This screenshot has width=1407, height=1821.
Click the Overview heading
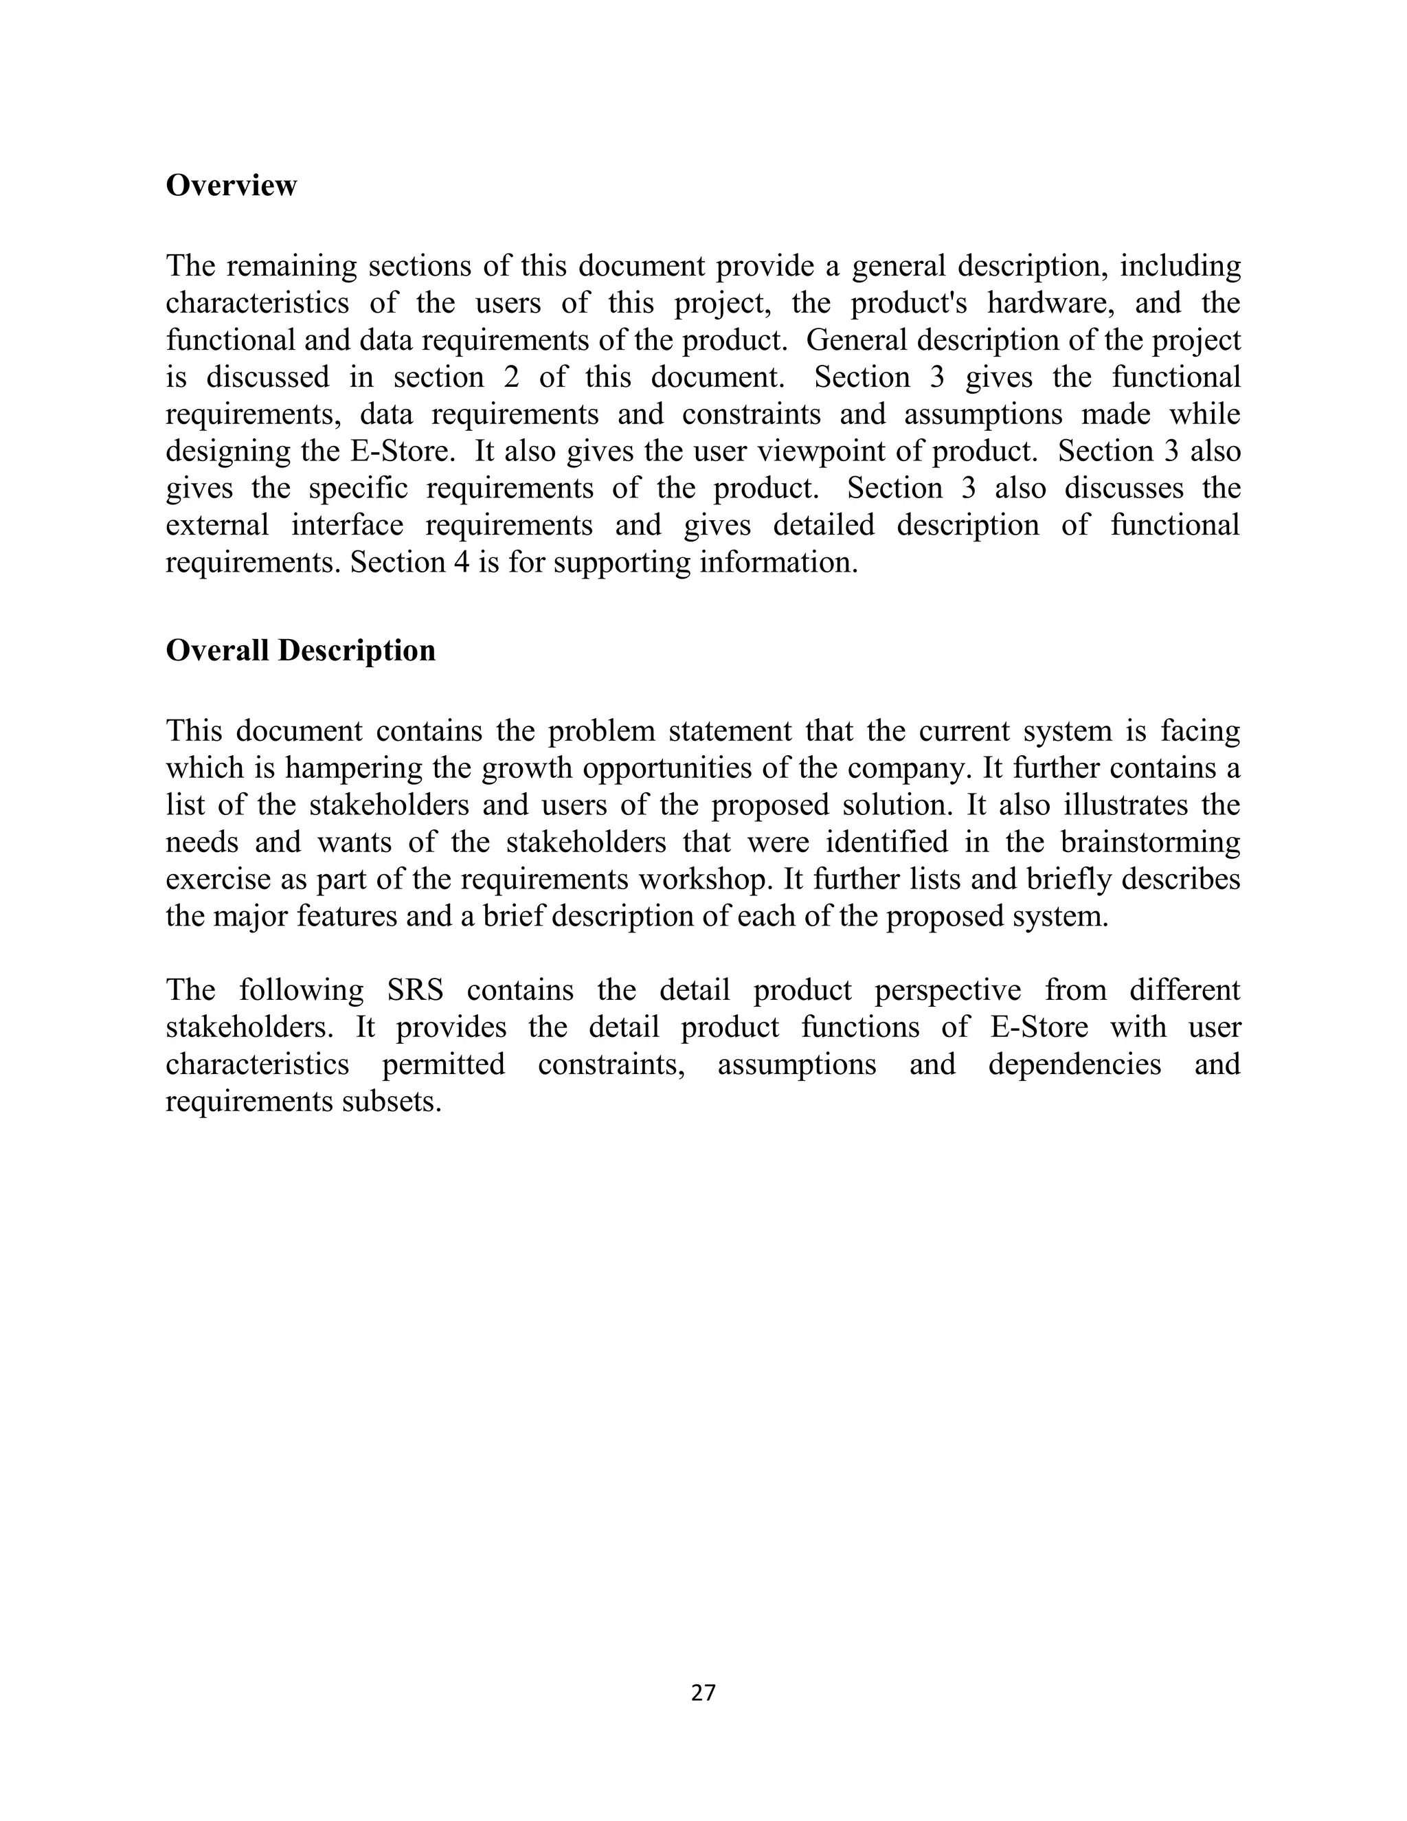coord(231,185)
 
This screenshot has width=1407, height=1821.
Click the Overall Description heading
coord(300,650)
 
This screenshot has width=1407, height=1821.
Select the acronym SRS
coord(415,990)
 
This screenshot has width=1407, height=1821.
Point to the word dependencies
coord(1074,1064)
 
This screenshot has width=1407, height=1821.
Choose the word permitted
coord(443,1064)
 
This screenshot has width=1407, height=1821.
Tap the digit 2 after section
coord(511,377)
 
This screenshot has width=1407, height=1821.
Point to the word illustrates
coord(1123,805)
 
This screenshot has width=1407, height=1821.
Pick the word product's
coord(908,302)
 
